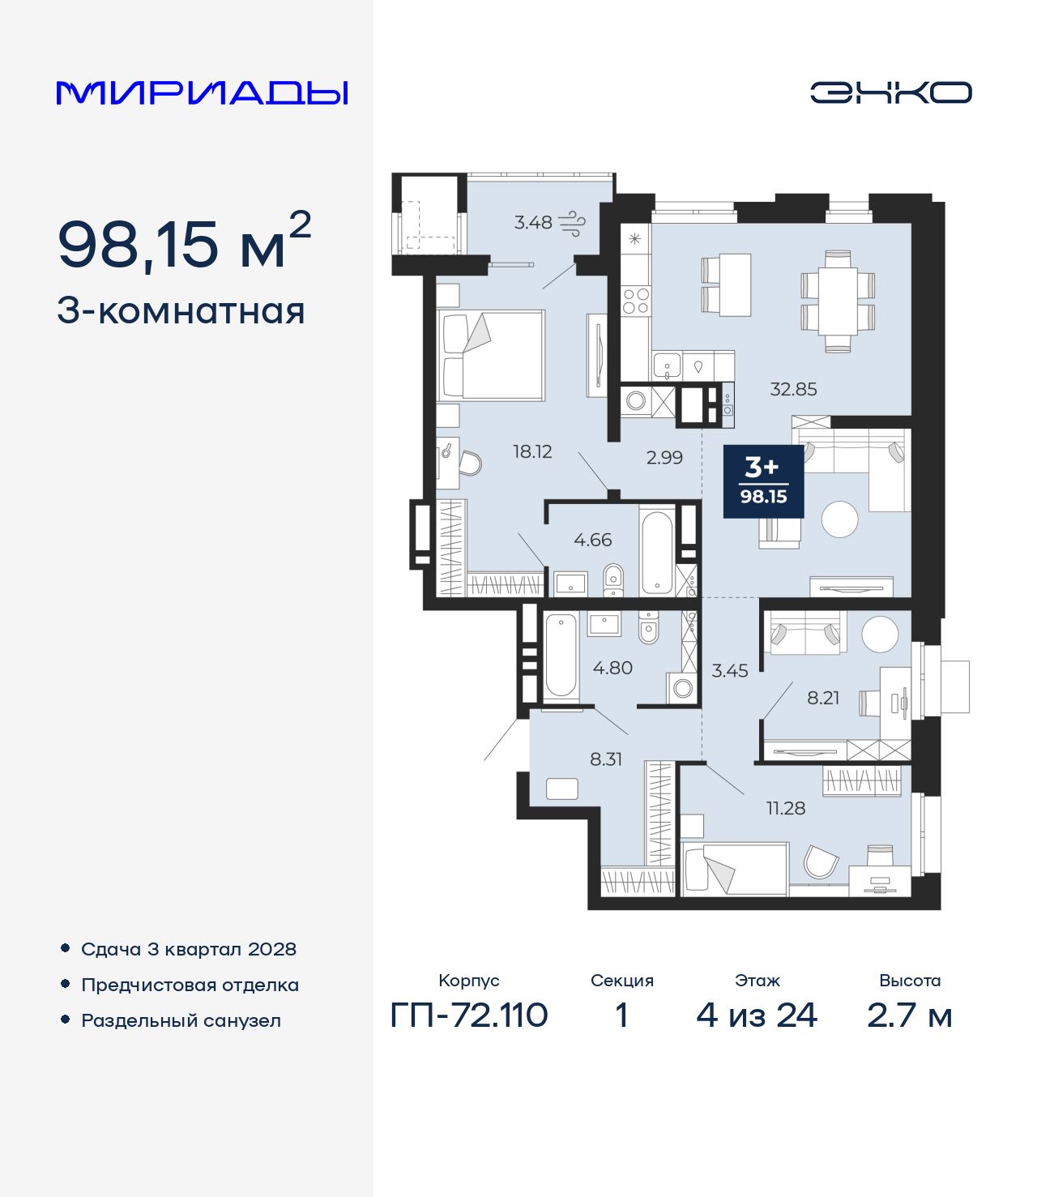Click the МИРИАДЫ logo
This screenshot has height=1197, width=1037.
coord(202,92)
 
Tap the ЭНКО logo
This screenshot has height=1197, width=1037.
coord(890,92)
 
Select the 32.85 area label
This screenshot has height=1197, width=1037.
coord(793,389)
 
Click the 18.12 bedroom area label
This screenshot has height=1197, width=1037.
coord(532,451)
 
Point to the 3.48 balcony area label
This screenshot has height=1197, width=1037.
coord(533,222)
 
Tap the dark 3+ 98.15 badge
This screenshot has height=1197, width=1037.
coord(763,481)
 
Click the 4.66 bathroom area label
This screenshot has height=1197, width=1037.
coord(592,540)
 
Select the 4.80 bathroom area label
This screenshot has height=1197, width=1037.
coord(612,668)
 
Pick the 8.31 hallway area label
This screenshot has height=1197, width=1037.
coord(606,759)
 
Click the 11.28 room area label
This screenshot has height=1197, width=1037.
coord(786,808)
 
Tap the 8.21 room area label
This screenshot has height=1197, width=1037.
coord(823,698)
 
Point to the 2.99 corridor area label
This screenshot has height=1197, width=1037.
coord(664,457)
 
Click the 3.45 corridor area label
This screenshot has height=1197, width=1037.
coord(729,671)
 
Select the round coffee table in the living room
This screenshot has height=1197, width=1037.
coord(839,519)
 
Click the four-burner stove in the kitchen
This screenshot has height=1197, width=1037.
coord(635,301)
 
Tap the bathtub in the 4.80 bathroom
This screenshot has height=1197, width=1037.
coord(561,656)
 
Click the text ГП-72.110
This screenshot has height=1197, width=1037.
coord(469,1015)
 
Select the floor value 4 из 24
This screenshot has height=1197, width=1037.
coord(757,1015)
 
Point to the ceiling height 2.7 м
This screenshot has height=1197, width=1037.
coord(909,1015)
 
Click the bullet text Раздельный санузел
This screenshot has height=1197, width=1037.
coord(181,1020)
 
